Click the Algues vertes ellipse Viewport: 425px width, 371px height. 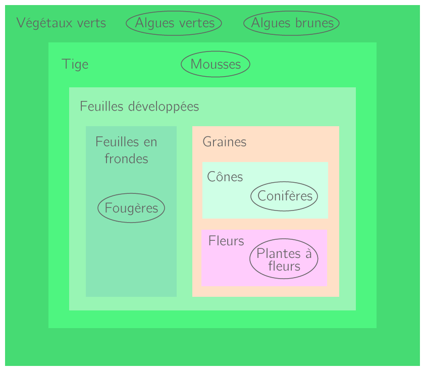click(174, 23)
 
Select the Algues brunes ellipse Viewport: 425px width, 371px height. click(291, 23)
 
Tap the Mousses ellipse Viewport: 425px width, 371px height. click(216, 65)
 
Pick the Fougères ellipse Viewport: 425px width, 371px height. click(131, 208)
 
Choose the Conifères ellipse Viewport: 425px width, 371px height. click(284, 196)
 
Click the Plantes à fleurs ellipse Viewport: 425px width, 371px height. click(284, 259)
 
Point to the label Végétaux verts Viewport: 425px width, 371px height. click(61, 23)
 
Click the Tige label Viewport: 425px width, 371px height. click(75, 65)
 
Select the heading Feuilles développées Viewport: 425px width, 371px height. click(139, 107)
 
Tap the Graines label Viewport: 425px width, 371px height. click(225, 142)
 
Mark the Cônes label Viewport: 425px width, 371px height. click(225, 177)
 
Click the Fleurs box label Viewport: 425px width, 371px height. click(226, 241)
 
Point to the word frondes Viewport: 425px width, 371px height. click(126, 159)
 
